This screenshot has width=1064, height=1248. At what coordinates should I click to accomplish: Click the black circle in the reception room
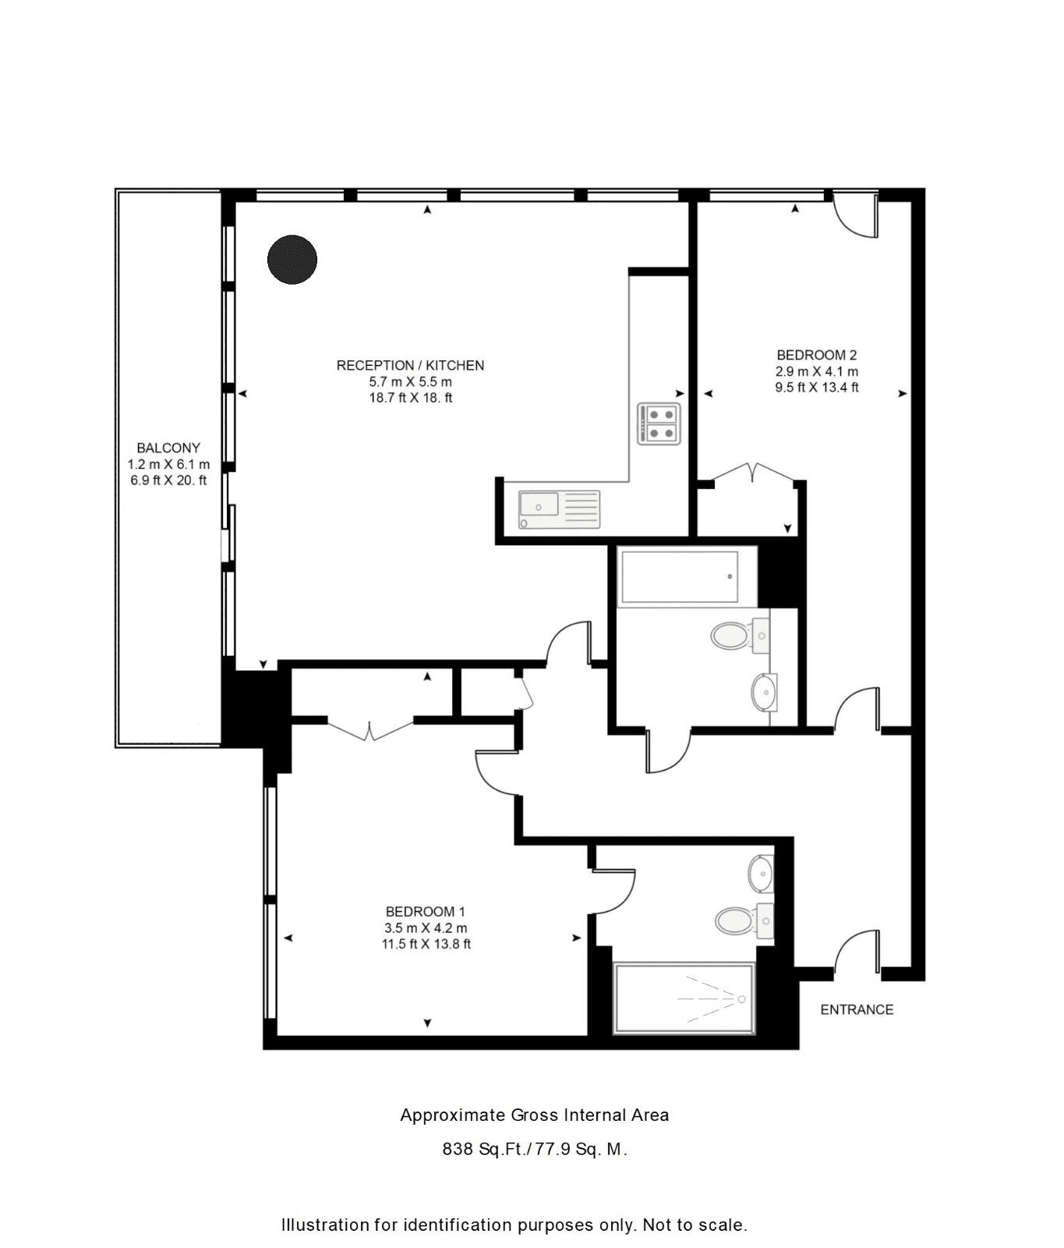(292, 260)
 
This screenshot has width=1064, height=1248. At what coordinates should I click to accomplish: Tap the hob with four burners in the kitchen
(659, 424)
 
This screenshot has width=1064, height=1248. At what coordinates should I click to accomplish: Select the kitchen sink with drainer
(560, 509)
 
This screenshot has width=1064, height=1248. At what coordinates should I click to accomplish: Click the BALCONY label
(168, 448)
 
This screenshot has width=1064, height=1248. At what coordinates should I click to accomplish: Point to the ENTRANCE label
(857, 1009)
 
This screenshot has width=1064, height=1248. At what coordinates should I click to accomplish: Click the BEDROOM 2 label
(817, 355)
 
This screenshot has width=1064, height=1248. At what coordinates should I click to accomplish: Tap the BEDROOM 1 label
(426, 911)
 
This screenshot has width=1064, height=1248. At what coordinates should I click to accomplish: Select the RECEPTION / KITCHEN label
(410, 365)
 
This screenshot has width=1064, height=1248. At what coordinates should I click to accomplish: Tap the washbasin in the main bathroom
(764, 692)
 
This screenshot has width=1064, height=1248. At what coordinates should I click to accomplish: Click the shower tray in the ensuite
(684, 999)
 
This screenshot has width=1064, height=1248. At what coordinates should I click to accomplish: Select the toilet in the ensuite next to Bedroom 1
(744, 920)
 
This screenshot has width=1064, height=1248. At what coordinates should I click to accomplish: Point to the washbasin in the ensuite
(761, 874)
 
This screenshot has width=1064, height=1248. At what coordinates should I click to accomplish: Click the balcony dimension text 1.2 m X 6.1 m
(168, 464)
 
